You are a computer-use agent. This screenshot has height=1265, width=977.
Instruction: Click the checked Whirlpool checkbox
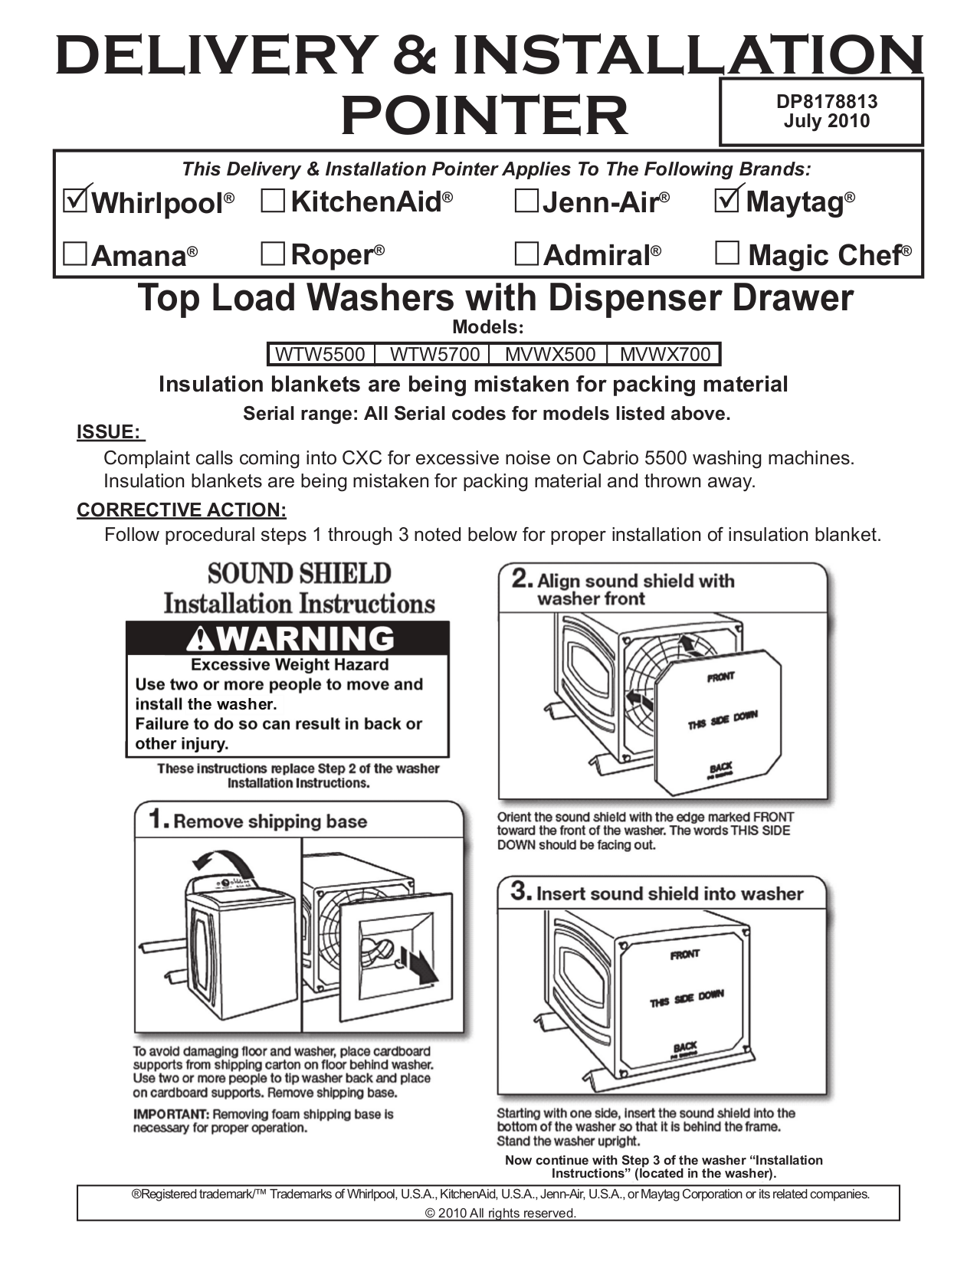(x=75, y=202)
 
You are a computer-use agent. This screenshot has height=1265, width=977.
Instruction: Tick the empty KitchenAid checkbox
(x=273, y=202)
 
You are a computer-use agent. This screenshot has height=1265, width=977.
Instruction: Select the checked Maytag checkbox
(x=726, y=201)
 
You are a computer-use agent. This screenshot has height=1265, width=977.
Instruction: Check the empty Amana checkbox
(x=75, y=254)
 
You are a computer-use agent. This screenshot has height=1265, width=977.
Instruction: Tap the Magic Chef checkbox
(x=726, y=253)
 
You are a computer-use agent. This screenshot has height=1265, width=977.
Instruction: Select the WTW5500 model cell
(x=320, y=355)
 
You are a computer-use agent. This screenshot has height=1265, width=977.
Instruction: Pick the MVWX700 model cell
(x=665, y=355)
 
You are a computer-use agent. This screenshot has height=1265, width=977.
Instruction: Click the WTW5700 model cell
(x=435, y=355)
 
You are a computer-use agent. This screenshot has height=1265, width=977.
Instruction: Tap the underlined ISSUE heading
(x=110, y=432)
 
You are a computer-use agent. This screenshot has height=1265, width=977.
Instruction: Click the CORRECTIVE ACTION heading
(x=182, y=510)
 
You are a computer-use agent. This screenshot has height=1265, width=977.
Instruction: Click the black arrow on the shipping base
(x=420, y=968)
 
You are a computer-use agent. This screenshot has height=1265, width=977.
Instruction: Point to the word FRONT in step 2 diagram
(x=720, y=677)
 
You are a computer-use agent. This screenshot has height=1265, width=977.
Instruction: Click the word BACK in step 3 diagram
(x=685, y=1047)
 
